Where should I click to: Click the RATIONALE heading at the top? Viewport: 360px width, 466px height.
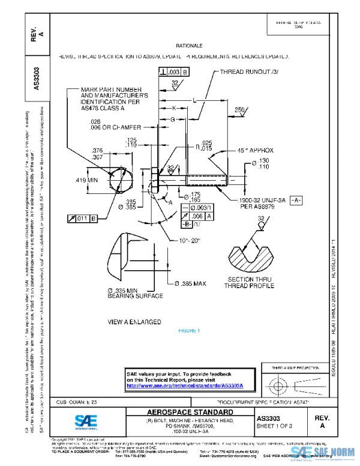click(x=189, y=46)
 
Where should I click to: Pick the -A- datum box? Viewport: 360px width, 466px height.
click(x=296, y=199)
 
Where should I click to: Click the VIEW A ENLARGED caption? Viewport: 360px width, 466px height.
click(x=134, y=322)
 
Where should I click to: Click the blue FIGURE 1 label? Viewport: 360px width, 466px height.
click(x=189, y=331)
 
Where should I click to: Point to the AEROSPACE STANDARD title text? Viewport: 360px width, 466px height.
click(x=190, y=412)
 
